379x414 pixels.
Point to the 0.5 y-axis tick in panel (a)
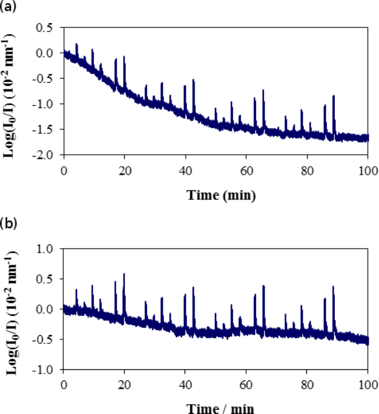(44, 27)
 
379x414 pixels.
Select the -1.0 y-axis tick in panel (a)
(43, 103)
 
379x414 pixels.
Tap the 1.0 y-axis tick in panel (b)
(44, 248)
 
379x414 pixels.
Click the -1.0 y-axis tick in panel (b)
(43, 369)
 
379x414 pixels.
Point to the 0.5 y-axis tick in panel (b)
(44, 278)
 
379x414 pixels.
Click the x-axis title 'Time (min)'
(222, 195)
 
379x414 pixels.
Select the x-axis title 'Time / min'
(222, 408)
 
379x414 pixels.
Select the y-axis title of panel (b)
(12, 308)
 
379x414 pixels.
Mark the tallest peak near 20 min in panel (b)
(124, 274)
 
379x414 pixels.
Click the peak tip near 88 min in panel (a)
(334, 96)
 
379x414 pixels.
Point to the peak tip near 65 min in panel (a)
(263, 90)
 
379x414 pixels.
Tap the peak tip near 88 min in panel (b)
(334, 287)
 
